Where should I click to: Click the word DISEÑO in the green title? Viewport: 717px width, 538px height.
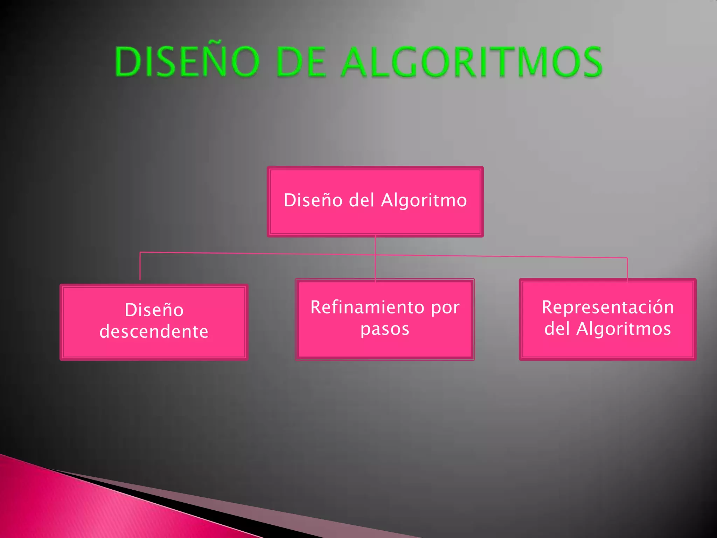click(187, 62)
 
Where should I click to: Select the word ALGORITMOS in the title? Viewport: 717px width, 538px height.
click(472, 62)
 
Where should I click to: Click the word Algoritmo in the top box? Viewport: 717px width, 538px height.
click(424, 200)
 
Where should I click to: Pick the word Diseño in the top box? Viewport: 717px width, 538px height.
click(313, 200)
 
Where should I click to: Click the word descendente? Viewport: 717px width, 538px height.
click(154, 331)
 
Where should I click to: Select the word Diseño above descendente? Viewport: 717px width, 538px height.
click(154, 310)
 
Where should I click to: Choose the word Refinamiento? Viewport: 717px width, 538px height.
click(368, 307)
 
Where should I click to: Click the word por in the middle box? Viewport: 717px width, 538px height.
click(445, 308)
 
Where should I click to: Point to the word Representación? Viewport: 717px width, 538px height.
click(607, 307)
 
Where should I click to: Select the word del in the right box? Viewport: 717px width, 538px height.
click(558, 329)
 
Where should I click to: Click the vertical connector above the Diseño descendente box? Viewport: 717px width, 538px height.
click(140, 266)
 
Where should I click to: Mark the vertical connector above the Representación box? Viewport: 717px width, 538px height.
click(627, 269)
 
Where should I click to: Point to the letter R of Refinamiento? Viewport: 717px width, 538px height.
click(316, 307)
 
